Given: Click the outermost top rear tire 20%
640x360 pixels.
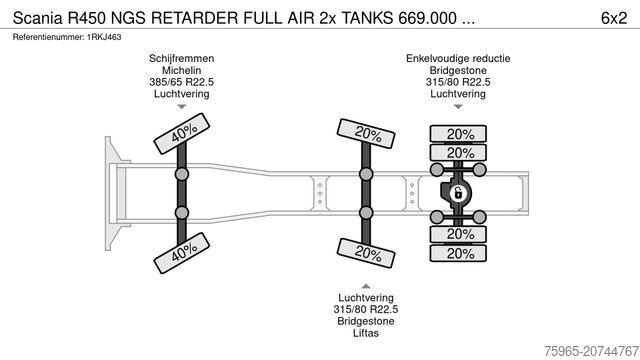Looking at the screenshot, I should point(460,134).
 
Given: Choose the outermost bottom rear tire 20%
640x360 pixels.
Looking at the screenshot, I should point(460,253).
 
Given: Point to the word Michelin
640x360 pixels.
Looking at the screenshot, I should point(182,70).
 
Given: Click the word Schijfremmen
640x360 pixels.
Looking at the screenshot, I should point(182,58).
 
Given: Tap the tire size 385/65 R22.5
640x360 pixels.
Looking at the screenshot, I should point(182,82).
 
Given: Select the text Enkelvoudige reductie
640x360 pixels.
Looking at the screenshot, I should point(458,58).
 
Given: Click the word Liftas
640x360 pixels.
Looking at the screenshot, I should point(366,334).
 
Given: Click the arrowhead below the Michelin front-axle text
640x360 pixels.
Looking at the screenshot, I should point(182,111).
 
